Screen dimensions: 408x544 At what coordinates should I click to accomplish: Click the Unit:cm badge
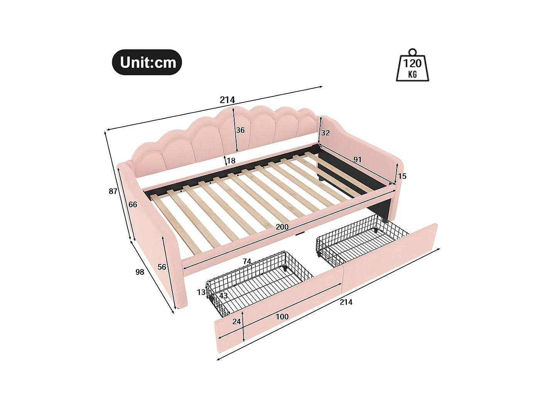(147, 62)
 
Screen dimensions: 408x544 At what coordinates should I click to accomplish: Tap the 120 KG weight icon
(412, 66)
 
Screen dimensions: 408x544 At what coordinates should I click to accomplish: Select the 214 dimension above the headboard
(227, 100)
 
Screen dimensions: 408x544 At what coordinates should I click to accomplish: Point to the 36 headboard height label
(240, 130)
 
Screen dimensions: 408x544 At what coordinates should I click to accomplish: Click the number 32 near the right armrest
(326, 133)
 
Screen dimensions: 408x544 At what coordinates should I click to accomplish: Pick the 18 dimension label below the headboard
(231, 161)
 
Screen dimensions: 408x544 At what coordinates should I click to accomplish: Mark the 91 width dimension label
(357, 159)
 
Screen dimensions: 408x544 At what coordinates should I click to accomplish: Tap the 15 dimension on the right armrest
(402, 176)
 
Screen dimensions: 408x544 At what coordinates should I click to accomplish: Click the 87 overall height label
(113, 191)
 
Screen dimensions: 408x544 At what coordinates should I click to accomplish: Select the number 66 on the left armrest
(133, 205)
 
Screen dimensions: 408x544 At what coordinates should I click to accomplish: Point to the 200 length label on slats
(282, 227)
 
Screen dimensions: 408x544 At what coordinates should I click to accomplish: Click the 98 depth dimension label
(140, 272)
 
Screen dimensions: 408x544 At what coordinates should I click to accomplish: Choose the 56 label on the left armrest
(162, 267)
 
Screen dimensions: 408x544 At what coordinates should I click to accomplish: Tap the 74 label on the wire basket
(247, 261)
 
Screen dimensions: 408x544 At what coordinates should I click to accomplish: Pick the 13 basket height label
(201, 292)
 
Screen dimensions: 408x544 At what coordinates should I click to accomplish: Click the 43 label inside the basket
(223, 296)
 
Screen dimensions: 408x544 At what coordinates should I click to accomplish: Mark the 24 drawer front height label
(237, 322)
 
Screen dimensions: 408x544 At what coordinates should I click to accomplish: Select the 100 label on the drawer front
(282, 317)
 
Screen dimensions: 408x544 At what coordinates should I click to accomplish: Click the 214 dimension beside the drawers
(346, 302)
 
